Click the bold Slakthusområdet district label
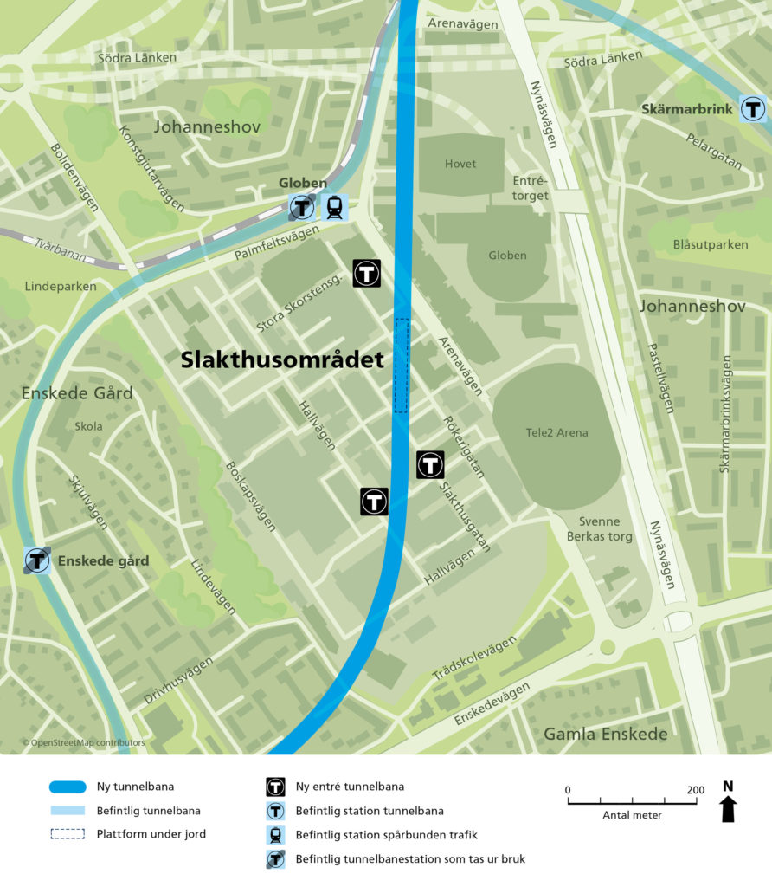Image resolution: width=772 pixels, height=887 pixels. click(x=282, y=360)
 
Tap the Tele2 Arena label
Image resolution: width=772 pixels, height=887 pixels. click(x=556, y=432)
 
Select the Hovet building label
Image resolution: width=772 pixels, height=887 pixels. click(x=460, y=164)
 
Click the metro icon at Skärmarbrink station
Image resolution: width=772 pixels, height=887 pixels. click(x=753, y=110)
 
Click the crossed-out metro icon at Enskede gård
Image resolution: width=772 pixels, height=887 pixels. click(x=37, y=560)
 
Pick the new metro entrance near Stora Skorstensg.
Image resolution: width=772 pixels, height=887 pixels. click(x=367, y=273)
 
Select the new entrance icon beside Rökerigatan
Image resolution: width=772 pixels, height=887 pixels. click(x=430, y=464)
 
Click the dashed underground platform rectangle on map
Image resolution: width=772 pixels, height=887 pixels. click(x=401, y=365)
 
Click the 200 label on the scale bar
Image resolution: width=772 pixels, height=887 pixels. click(x=696, y=789)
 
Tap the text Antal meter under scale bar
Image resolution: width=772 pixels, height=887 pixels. click(x=632, y=815)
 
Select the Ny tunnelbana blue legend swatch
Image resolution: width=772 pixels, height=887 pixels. click(x=68, y=787)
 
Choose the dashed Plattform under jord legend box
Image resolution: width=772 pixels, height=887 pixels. click(x=68, y=834)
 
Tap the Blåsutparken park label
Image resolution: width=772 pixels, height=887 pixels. click(x=710, y=244)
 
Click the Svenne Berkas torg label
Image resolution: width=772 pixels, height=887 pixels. click(x=594, y=528)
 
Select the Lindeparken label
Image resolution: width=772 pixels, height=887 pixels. click(x=61, y=286)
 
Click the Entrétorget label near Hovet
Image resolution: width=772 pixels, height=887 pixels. click(x=531, y=188)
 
